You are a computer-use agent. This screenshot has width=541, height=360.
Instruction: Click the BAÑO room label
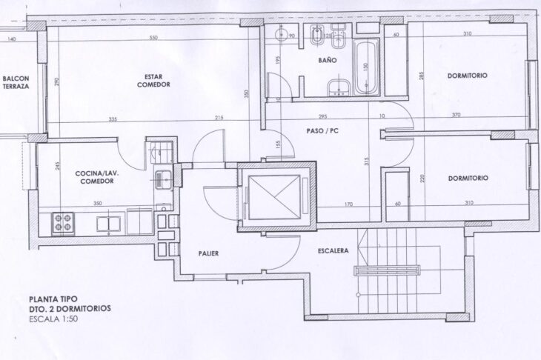[x=327, y=60]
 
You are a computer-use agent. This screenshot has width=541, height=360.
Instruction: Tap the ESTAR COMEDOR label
[x=153, y=81]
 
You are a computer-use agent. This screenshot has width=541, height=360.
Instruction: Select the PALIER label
[x=208, y=253]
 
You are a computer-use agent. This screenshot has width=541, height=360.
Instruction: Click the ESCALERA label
[x=333, y=250]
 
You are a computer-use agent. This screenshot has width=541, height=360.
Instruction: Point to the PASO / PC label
[x=322, y=131]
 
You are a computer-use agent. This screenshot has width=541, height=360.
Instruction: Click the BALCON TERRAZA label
[x=16, y=82]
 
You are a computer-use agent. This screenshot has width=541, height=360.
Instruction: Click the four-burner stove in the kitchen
[x=63, y=223]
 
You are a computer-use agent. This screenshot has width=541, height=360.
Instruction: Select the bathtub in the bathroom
[x=365, y=67]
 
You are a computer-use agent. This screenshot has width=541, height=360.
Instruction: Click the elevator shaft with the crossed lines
[x=274, y=196]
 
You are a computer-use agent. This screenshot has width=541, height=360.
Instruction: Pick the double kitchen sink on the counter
[x=109, y=224]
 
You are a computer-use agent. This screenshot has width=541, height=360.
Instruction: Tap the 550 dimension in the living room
[x=153, y=38]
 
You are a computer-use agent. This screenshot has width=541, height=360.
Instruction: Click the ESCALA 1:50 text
[x=53, y=319]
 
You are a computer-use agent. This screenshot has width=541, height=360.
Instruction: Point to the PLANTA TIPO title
[x=53, y=299]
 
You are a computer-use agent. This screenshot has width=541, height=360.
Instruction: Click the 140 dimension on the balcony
[x=11, y=39]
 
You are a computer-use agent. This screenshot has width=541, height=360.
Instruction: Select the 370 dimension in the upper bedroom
[x=456, y=115]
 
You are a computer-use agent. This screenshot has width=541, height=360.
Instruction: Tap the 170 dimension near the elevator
[x=348, y=204]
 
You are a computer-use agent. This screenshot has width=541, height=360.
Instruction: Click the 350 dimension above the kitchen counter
[x=98, y=204]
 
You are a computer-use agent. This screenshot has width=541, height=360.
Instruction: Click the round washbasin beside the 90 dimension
[x=281, y=34]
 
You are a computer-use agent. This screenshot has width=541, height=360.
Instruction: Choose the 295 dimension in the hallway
[x=322, y=116]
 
